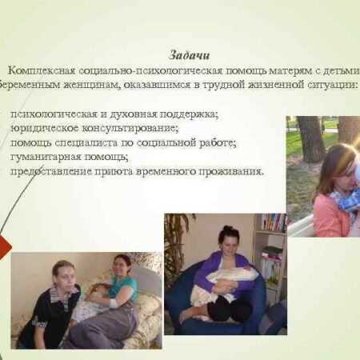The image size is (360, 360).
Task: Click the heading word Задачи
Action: (x=190, y=55)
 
